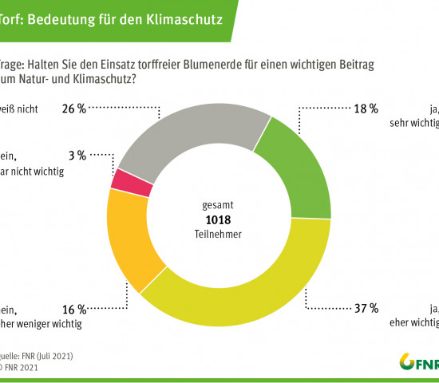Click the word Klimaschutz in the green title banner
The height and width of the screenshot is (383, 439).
(188, 14)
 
